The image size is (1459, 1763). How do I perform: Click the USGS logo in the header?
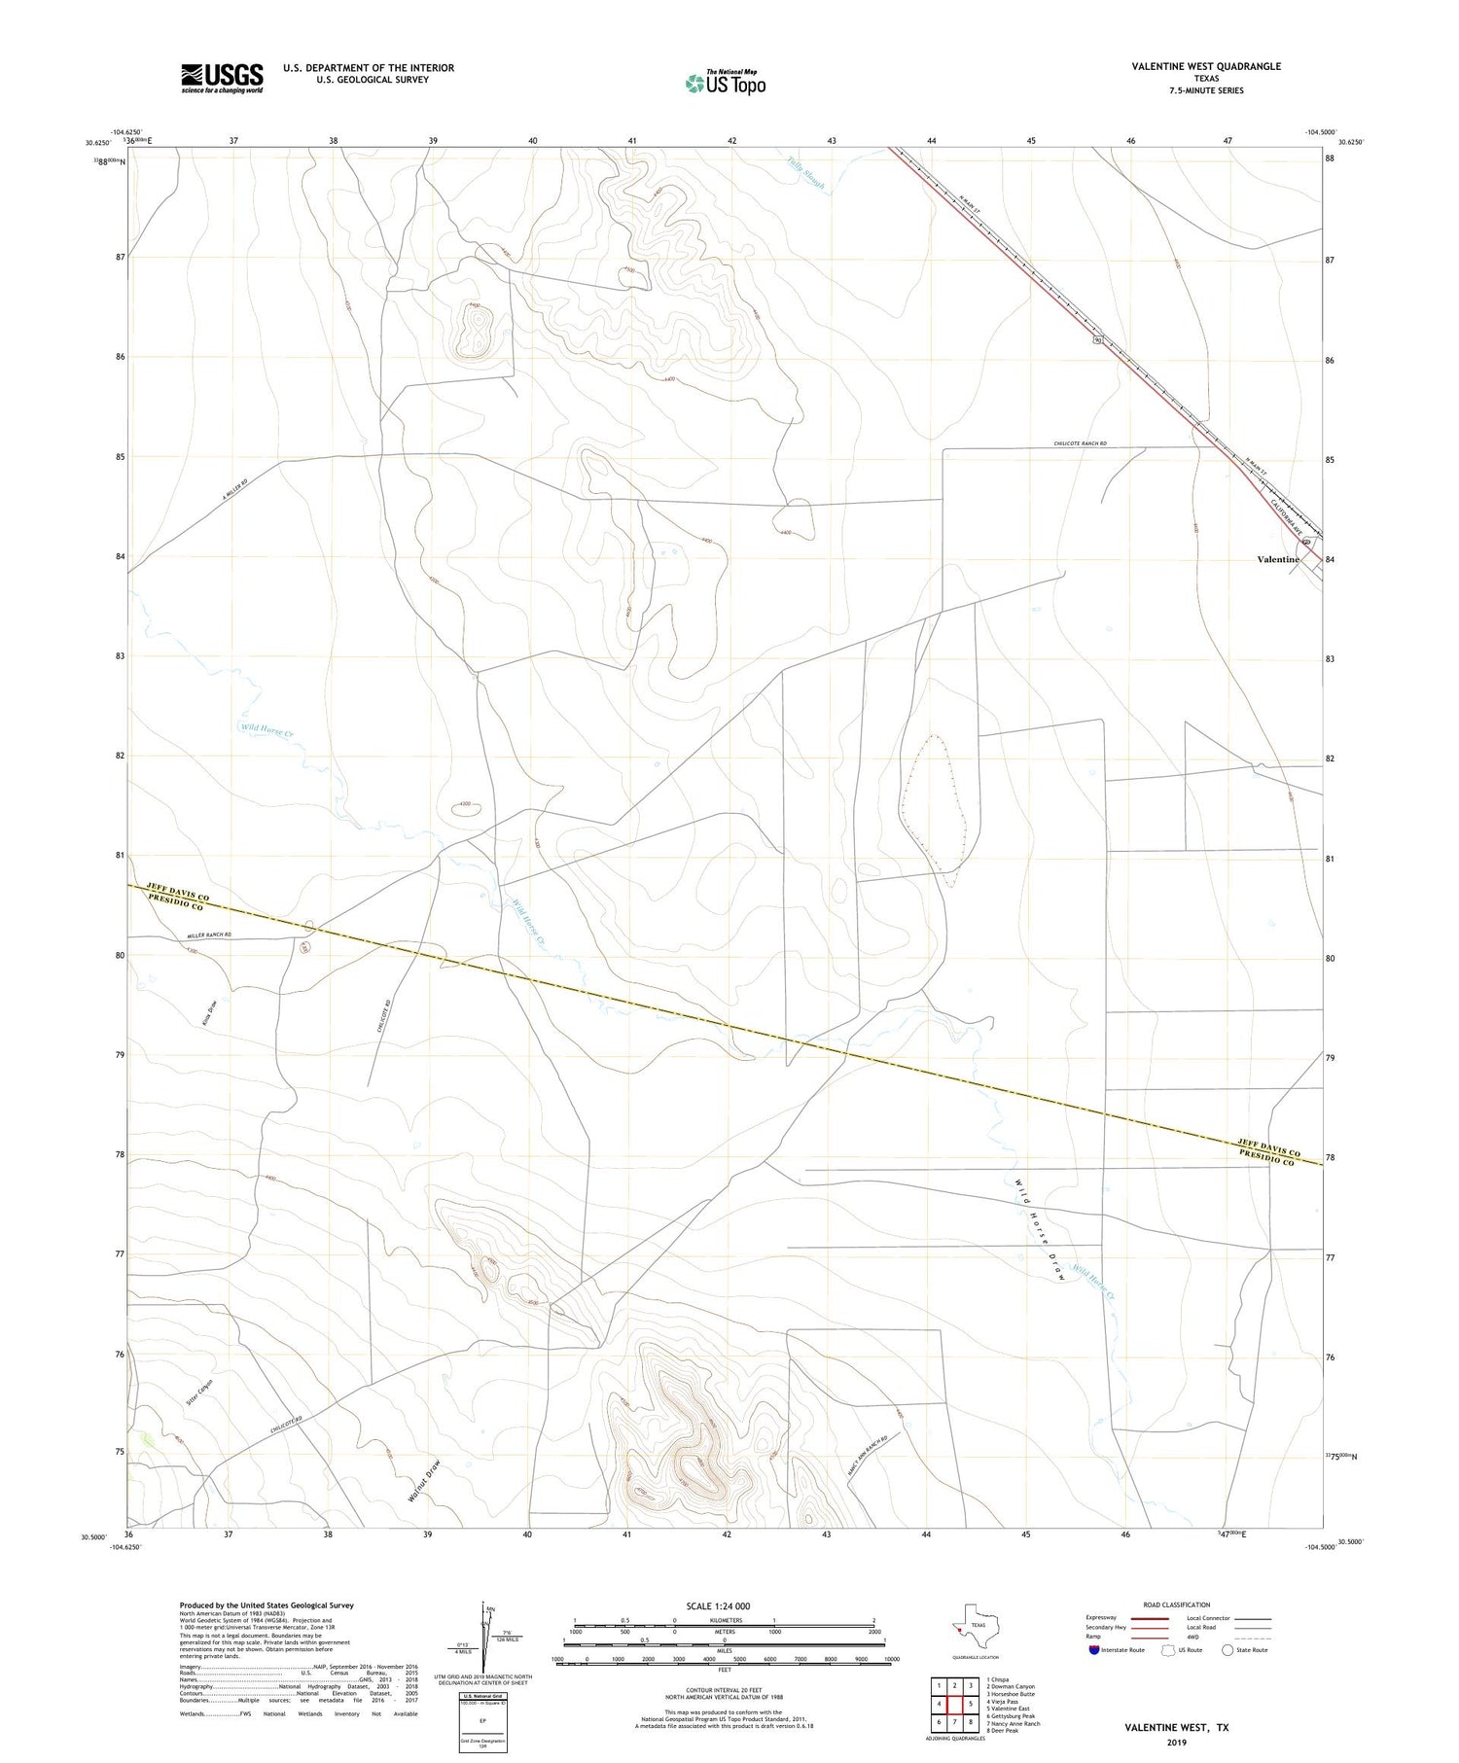(x=222, y=78)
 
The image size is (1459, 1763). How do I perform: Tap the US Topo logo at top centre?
(x=725, y=84)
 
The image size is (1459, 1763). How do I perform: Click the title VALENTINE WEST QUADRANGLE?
(x=1206, y=66)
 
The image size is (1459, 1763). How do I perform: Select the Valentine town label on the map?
(x=1277, y=559)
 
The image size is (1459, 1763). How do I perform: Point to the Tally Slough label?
(x=806, y=171)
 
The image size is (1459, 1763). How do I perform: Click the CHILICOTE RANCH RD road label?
(x=1080, y=443)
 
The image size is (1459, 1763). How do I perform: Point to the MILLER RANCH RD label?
(x=209, y=934)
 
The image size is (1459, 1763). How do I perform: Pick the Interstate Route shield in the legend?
(x=1094, y=1650)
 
